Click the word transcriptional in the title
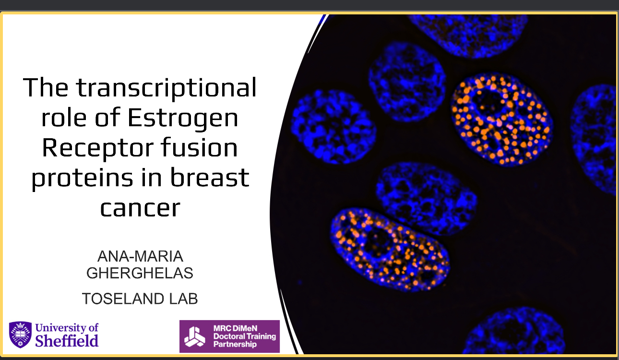pyautogui.click(x=167, y=88)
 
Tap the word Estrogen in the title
pyautogui.click(x=183, y=119)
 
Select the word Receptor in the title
pyautogui.click(x=97, y=148)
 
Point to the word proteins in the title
pyautogui.click(x=83, y=179)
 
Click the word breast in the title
pyautogui.click(x=210, y=177)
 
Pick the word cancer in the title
pyautogui.click(x=140, y=209)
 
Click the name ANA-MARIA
pyautogui.click(x=140, y=256)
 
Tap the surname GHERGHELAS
pyautogui.click(x=140, y=273)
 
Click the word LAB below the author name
pyautogui.click(x=183, y=299)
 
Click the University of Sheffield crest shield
pyautogui.click(x=20, y=335)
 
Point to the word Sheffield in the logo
pyautogui.click(x=67, y=341)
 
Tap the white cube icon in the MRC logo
pyautogui.click(x=195, y=336)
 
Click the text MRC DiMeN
pyautogui.click(x=235, y=328)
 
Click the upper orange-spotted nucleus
pyautogui.click(x=502, y=120)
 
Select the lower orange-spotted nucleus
pyautogui.click(x=390, y=250)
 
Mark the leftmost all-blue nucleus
pyautogui.click(x=333, y=127)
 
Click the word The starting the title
pyautogui.click(x=46, y=88)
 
